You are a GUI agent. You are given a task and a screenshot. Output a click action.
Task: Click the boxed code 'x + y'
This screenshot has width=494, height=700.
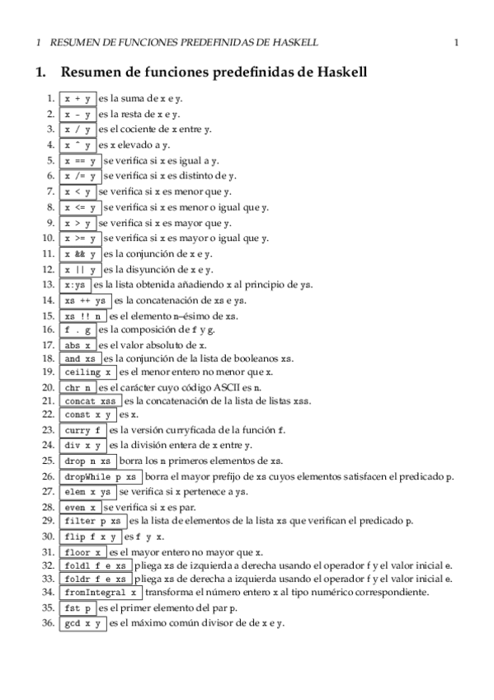click(78, 98)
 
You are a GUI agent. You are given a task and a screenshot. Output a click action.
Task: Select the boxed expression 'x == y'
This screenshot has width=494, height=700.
click(81, 160)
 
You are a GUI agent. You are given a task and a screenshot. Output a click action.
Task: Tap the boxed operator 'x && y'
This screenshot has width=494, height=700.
click(81, 253)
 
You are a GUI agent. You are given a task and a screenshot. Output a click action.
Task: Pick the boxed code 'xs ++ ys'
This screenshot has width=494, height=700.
click(87, 300)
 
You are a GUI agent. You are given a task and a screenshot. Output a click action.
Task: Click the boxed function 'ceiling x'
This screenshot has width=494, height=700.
click(87, 371)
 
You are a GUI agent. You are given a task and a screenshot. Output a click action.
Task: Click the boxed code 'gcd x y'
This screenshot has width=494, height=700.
click(83, 623)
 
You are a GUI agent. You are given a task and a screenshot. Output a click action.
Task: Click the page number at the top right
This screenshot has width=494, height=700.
click(456, 41)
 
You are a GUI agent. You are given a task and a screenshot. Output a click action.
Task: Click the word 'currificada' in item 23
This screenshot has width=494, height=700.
click(186, 430)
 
